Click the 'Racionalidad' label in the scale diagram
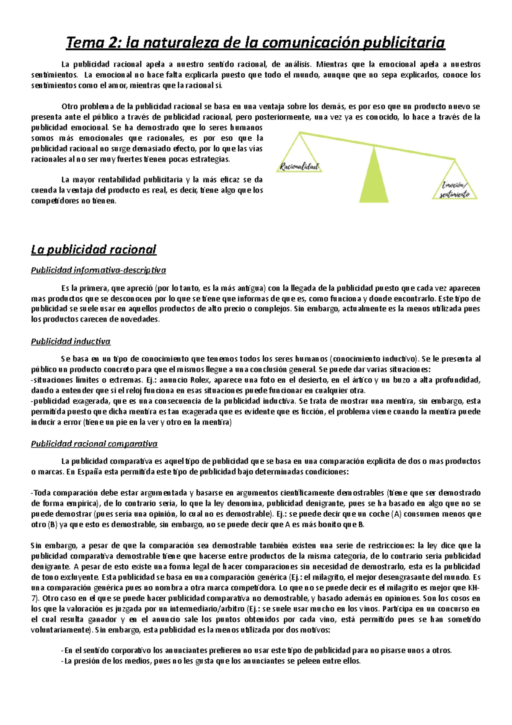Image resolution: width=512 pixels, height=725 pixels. pyautogui.click(x=299, y=167)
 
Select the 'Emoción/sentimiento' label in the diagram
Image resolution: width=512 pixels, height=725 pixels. pyautogui.click(x=455, y=190)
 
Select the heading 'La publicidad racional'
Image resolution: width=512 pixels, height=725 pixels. pyautogui.click(x=93, y=249)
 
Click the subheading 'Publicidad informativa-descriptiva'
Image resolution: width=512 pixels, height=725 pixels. pyautogui.click(x=98, y=270)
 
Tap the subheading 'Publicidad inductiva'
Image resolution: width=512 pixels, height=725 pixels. pyautogui.click(x=70, y=341)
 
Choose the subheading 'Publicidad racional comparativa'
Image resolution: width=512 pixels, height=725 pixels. pyautogui.click(x=94, y=444)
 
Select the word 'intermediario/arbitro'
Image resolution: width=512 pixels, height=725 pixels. pyautogui.click(x=204, y=609)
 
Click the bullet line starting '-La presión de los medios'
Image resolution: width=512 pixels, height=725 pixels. pyautogui.click(x=211, y=661)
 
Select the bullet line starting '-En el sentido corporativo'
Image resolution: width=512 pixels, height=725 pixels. pyautogui.click(x=256, y=651)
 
